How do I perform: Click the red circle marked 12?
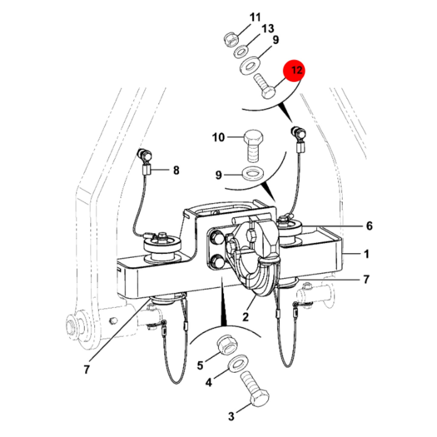[x=294, y=70]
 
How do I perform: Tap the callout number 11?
[x=255, y=18]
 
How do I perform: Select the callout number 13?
[x=268, y=29]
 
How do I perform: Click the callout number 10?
[x=218, y=137]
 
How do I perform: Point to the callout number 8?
[x=176, y=170]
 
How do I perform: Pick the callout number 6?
[x=370, y=226]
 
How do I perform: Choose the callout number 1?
[x=367, y=254]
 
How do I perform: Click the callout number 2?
[x=245, y=317]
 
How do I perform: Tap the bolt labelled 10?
[x=253, y=145]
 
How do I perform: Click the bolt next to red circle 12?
[x=265, y=86]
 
